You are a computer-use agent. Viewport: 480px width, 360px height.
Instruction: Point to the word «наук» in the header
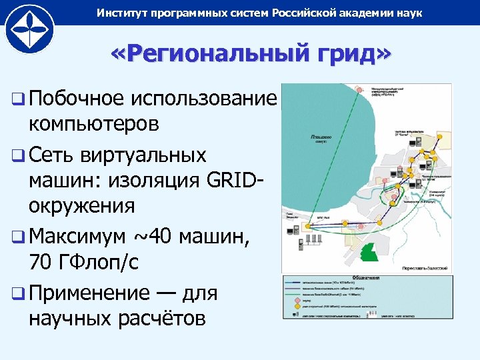[407, 13]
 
